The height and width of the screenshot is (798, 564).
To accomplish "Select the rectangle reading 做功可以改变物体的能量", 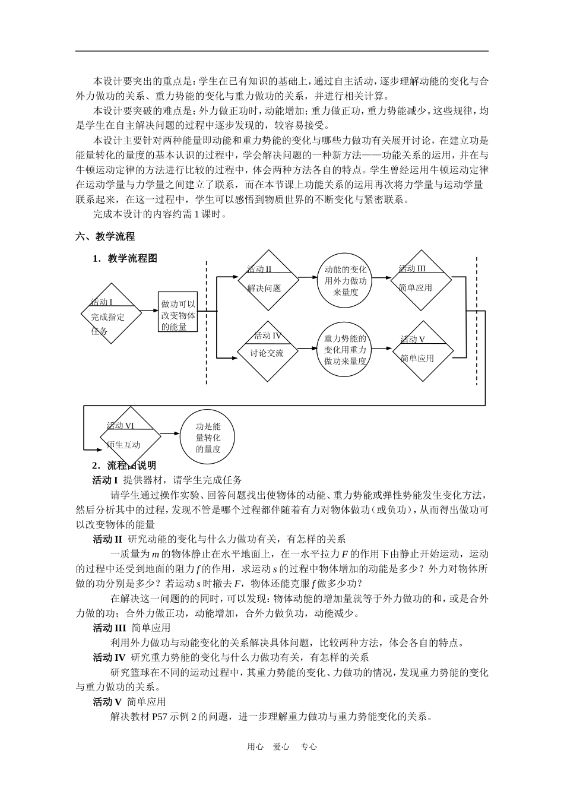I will point(178,312).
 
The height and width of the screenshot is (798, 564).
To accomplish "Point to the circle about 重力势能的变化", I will point(346,350).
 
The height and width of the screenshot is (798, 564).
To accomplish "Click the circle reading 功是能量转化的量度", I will point(208,437).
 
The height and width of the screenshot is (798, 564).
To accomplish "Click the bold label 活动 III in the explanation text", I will point(110,627).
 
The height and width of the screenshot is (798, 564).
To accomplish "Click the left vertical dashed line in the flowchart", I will point(207,324).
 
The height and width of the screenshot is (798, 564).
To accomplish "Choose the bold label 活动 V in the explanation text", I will point(107,701).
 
